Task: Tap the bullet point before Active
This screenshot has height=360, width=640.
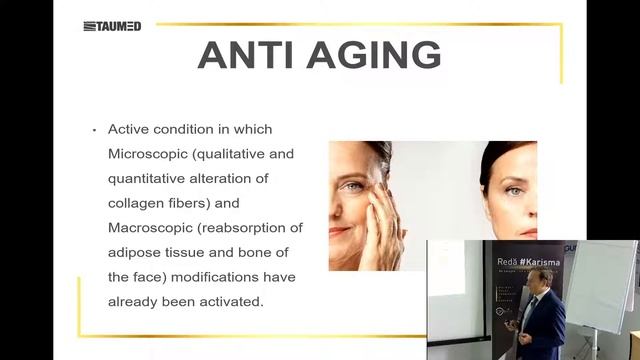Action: (93, 130)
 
